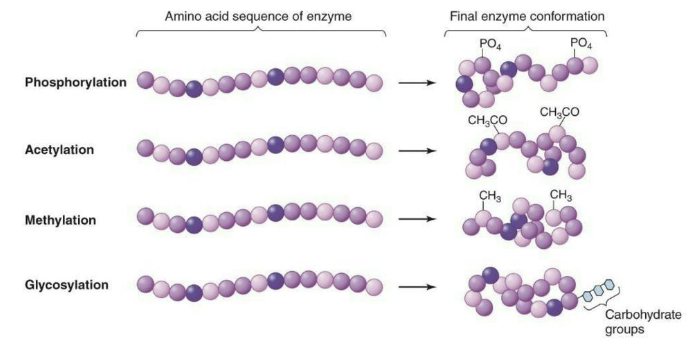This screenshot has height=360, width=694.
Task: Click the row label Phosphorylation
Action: pos(75,82)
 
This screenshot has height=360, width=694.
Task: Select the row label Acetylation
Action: pos(59,150)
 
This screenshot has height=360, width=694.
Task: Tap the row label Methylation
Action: pos(59,217)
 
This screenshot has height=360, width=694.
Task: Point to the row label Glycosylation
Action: pos(66,285)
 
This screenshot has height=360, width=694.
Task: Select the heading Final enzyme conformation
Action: pos(526,16)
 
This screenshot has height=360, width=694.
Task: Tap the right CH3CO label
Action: pos(559,112)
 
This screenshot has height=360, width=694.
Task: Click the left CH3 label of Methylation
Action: pos(490,195)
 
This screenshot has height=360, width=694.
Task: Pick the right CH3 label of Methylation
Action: pos(561,195)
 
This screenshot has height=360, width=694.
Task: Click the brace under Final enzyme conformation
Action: pos(526,32)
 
